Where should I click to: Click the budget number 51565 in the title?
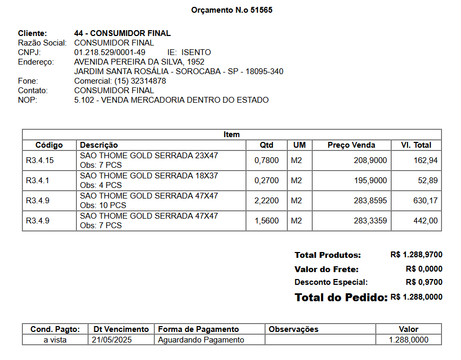coord(262,10)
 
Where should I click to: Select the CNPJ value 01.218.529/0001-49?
coord(110,52)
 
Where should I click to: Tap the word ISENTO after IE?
coord(196,52)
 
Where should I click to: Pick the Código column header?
coord(49,145)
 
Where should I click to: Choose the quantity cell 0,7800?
coord(267,160)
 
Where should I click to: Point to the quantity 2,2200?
coord(267,201)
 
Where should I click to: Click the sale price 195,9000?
coord(370,181)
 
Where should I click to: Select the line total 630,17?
coord(425,201)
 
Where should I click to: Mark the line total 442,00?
coord(425,221)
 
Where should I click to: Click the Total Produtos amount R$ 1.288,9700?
coord(416,255)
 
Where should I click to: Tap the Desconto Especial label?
coord(331,282)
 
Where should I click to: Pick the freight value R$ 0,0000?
coord(424,268)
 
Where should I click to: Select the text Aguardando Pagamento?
coord(201,340)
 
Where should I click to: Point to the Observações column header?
coord(294,329)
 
